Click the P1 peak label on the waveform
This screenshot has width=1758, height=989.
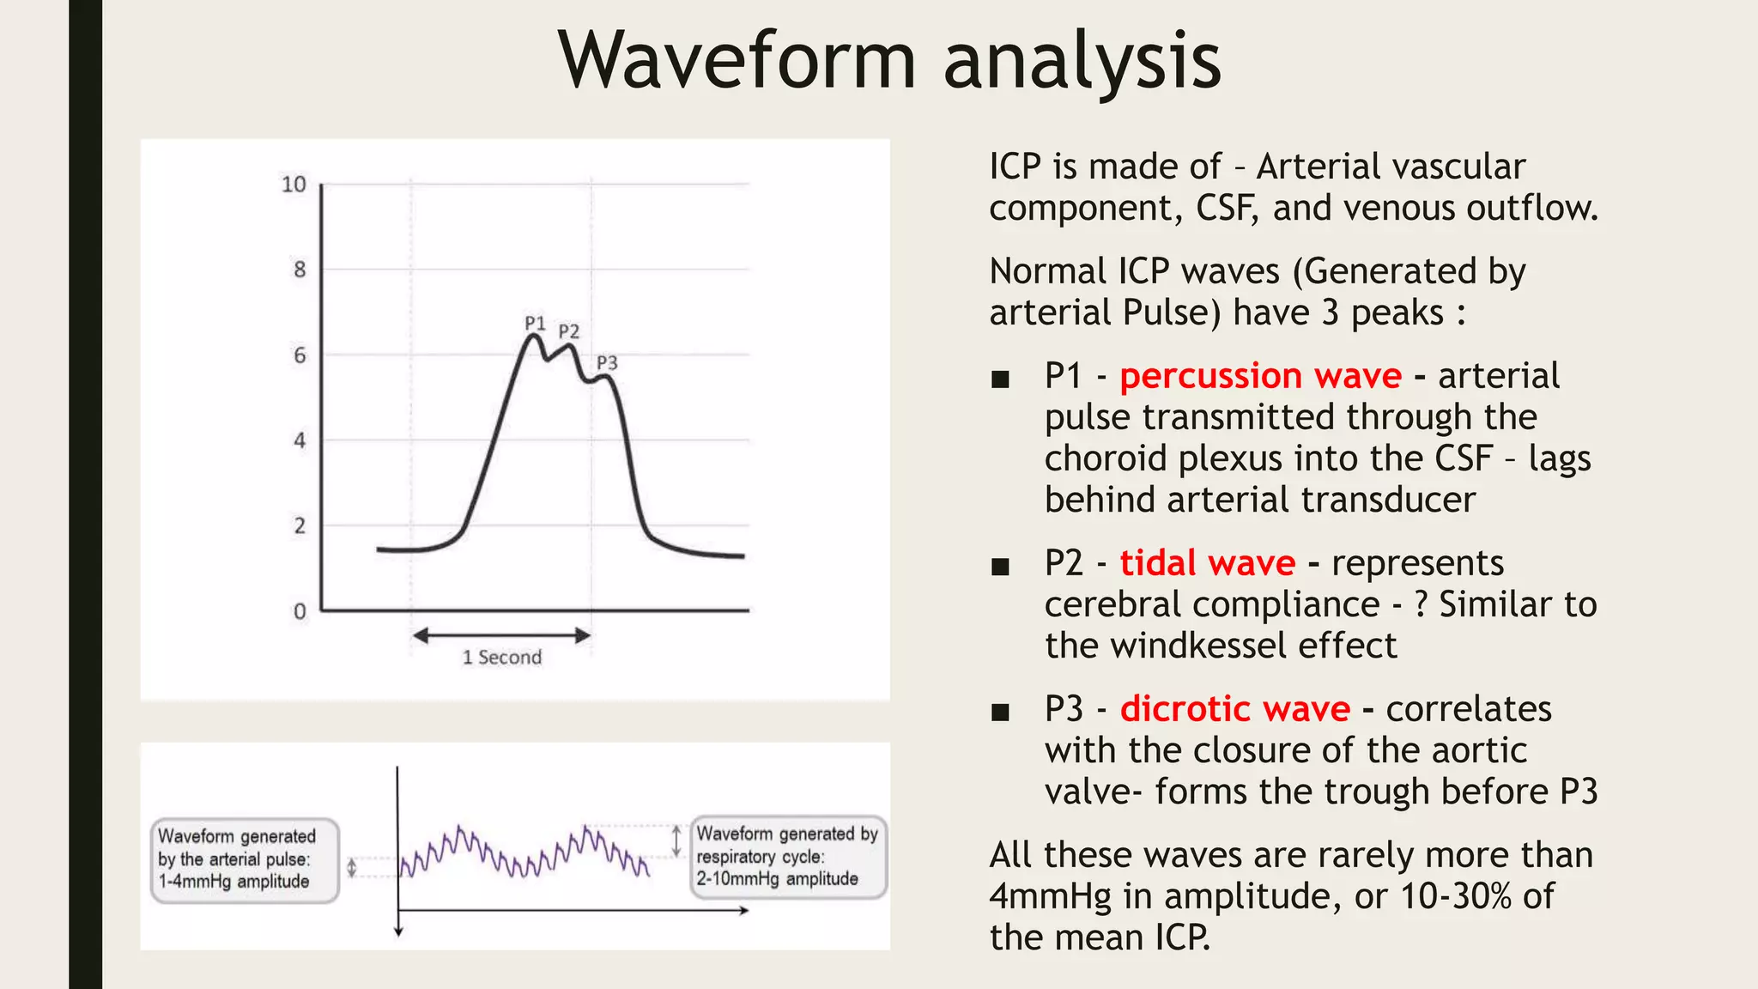click(535, 324)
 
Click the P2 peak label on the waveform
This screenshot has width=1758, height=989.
click(569, 331)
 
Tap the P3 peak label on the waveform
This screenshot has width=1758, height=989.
click(607, 363)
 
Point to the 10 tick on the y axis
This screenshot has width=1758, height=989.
click(294, 185)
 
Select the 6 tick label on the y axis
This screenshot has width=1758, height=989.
click(300, 355)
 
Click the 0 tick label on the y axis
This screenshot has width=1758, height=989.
click(300, 612)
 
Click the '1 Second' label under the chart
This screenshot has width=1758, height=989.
click(502, 658)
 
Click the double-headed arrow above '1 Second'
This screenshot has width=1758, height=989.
click(502, 635)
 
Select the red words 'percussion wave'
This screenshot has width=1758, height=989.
click(1260, 376)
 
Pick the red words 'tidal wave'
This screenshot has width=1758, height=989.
click(1207, 563)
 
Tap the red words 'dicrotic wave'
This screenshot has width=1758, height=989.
click(1234, 709)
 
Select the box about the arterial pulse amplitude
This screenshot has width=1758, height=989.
click(245, 859)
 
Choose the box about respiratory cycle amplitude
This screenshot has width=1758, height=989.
click(788, 857)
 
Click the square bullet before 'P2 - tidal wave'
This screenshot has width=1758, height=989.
click(1000, 567)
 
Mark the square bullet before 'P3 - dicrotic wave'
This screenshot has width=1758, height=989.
click(1000, 713)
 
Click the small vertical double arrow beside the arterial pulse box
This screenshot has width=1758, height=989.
click(351, 868)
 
